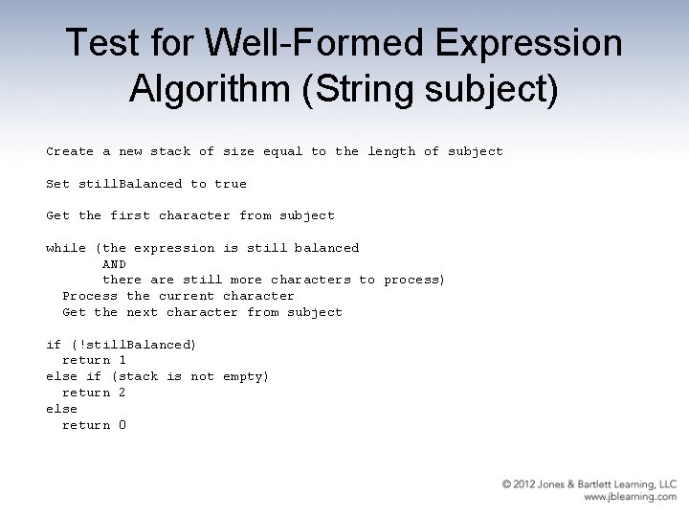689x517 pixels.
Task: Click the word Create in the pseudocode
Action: coord(70,151)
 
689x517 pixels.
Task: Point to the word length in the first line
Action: coord(391,151)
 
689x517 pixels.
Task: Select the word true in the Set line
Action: coord(231,184)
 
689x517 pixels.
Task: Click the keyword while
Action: coord(66,248)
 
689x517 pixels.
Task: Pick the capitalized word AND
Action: coord(114,264)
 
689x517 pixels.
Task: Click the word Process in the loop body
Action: coord(90,296)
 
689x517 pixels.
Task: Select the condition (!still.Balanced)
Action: coord(134,345)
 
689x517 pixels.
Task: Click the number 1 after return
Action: coord(122,360)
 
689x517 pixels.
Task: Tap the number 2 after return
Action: coord(122,393)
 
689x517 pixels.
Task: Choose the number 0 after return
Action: coord(122,425)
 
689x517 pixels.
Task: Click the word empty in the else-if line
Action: coord(246,376)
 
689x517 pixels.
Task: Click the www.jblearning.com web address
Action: coord(630,498)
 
